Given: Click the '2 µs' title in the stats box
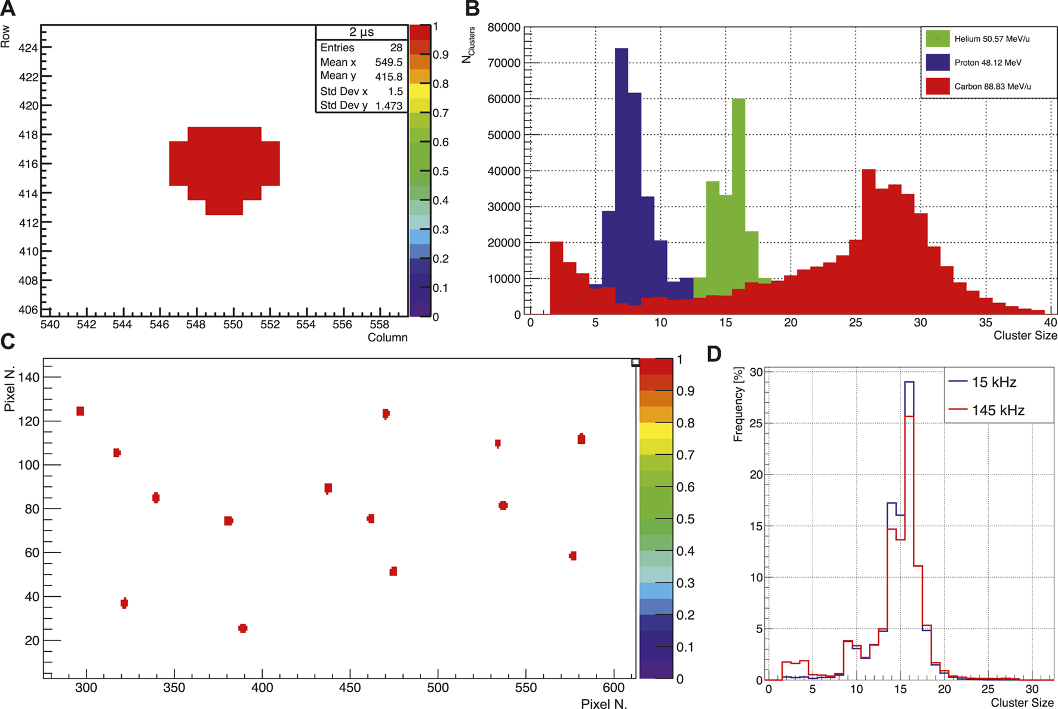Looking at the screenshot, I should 361,32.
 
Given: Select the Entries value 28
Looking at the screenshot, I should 396,48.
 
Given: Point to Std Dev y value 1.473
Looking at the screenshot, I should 389,106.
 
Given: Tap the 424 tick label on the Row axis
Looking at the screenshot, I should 28,48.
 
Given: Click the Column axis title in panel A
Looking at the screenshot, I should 387,338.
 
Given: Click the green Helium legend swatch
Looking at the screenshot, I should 937,39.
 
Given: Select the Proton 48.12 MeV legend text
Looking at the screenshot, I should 988,63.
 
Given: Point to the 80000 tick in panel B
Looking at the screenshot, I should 504,27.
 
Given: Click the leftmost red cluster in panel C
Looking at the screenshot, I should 80,411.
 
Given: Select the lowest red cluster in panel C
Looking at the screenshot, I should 242,628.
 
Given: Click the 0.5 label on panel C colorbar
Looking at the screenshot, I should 685,519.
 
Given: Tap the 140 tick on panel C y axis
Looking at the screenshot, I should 29,377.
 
